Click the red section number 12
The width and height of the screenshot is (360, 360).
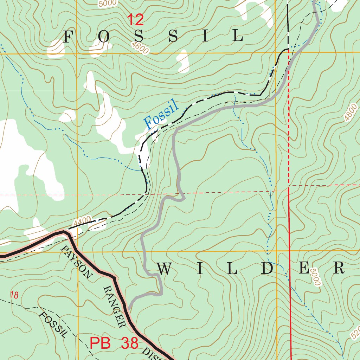point(135,20)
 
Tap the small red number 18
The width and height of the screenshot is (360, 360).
point(14,295)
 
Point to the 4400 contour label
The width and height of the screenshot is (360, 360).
point(82,221)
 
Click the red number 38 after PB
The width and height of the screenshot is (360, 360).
point(130,343)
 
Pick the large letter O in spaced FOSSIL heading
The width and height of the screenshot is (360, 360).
point(103,37)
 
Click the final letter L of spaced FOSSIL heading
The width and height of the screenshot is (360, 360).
point(239,36)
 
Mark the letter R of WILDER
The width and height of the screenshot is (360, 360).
point(339,269)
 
